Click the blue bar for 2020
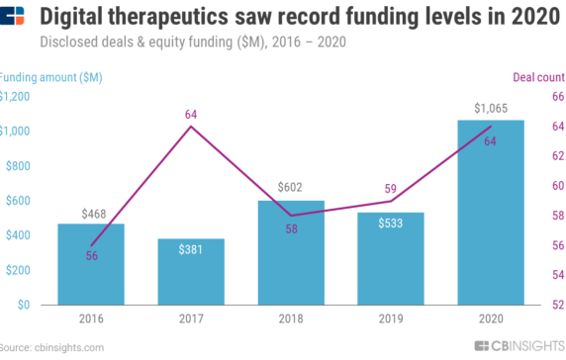coord(490,212)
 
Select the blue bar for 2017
coord(191,271)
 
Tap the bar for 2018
coord(291,252)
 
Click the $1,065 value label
coord(490,108)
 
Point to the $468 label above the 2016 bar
coord(92,212)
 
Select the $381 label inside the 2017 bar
coord(191,250)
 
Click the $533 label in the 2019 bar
coord(390,225)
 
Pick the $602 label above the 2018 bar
coord(291,188)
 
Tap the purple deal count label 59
coord(390,188)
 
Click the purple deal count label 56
coord(92,256)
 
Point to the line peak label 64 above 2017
coord(191,115)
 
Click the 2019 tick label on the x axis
coord(390,318)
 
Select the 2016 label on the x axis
coord(92,318)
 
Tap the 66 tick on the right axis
coord(557,97)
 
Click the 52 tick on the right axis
coord(557,305)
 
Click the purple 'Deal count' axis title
coord(538,76)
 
